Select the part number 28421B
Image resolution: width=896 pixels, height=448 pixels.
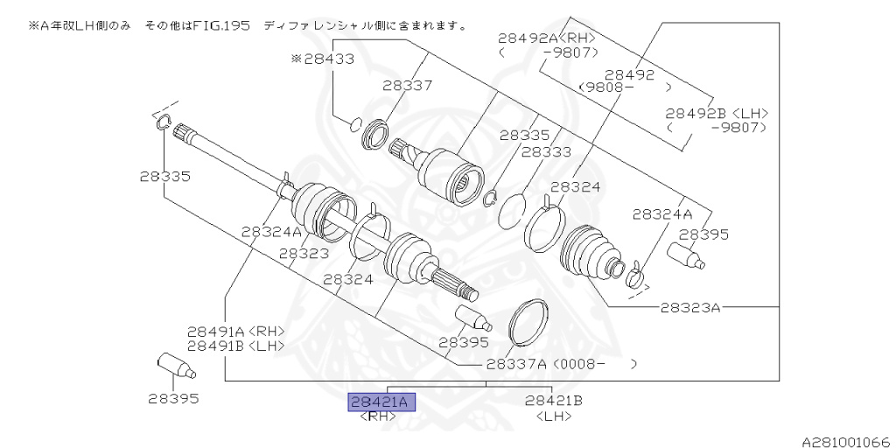[554, 401]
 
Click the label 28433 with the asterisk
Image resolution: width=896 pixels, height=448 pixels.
[323, 59]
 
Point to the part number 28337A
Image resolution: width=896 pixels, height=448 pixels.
[515, 363]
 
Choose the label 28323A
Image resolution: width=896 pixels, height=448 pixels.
[690, 307]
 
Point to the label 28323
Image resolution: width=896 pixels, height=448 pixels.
[304, 253]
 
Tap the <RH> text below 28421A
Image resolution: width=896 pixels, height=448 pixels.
[378, 416]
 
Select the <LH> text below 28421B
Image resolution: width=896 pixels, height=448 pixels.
[553, 416]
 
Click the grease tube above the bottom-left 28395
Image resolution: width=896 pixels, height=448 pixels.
[172, 365]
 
